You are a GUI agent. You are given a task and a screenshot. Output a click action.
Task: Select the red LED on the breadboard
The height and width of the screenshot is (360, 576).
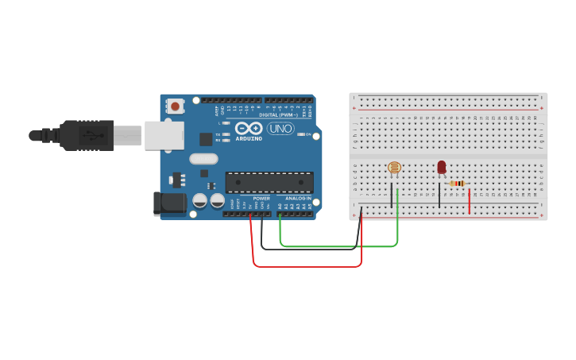point(442,167)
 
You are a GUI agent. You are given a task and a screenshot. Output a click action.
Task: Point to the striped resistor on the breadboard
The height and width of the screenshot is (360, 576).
point(457,184)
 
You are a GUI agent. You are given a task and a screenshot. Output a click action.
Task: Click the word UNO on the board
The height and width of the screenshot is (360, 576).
point(280,128)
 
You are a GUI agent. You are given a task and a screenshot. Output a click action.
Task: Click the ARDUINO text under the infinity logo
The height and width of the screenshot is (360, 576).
point(249,137)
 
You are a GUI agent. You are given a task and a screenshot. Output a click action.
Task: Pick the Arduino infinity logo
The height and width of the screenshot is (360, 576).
point(249,128)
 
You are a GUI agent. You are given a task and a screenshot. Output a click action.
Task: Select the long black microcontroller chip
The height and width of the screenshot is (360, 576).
point(269,182)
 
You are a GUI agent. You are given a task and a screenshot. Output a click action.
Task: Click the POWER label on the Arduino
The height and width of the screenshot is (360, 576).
point(261,198)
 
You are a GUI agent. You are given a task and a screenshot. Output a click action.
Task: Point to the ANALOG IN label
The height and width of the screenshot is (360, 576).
point(298,198)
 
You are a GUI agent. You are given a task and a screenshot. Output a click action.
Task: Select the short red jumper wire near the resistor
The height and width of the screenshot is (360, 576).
point(470,202)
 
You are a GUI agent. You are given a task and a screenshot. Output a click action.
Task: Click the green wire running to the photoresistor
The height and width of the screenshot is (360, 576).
point(338,246)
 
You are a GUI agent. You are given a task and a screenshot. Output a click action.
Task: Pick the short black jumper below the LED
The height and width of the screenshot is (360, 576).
point(439,195)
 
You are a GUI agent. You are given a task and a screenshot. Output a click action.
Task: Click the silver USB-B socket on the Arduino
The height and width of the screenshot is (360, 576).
point(164,135)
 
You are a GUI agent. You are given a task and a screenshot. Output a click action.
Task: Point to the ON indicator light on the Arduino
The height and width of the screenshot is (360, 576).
point(300,134)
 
